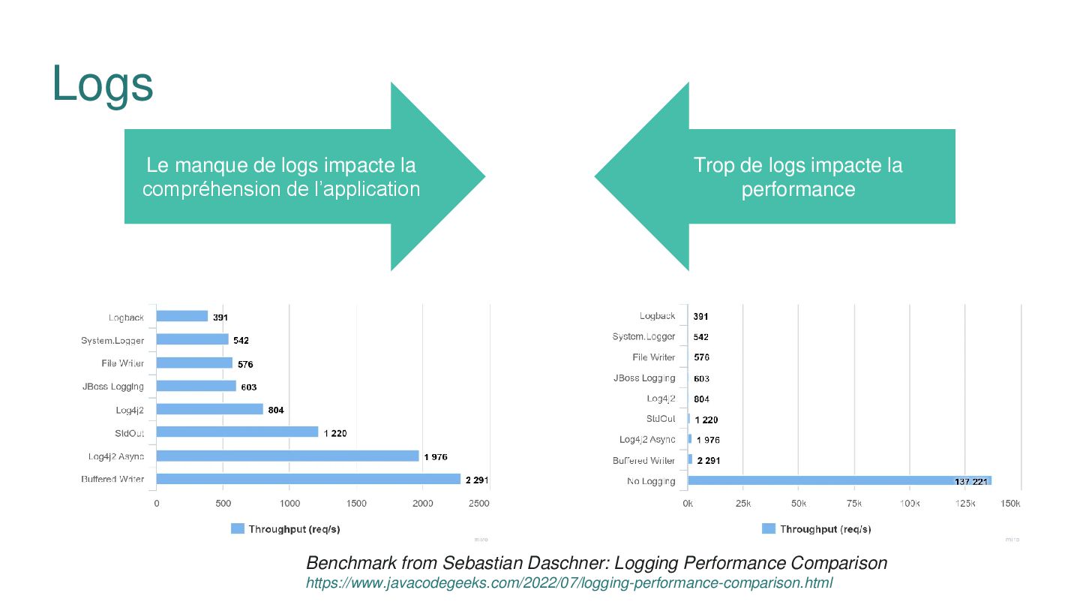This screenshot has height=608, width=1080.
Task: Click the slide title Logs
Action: pyautogui.click(x=103, y=84)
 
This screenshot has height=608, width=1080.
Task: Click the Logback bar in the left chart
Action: pyautogui.click(x=182, y=316)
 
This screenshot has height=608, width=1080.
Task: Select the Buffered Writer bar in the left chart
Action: pyautogui.click(x=308, y=479)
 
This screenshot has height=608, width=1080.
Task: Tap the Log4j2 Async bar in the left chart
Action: pyautogui.click(x=287, y=456)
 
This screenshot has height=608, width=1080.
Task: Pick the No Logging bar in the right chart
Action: pyautogui.click(x=839, y=480)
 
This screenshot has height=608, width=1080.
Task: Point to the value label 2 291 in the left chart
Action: pyautogui.click(x=477, y=480)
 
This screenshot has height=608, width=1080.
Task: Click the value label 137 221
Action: pyautogui.click(x=972, y=481)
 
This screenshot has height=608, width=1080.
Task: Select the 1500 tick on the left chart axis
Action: pyautogui.click(x=356, y=504)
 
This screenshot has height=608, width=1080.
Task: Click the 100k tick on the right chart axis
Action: pyautogui.click(x=910, y=504)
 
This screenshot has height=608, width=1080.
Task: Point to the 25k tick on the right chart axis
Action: pyautogui.click(x=743, y=504)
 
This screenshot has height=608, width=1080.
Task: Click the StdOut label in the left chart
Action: pyautogui.click(x=129, y=433)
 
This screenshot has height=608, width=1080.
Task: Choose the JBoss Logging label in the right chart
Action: pyautogui.click(x=644, y=378)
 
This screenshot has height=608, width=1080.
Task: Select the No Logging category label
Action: pyautogui.click(x=651, y=481)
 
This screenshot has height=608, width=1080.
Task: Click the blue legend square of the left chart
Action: pyautogui.click(x=238, y=529)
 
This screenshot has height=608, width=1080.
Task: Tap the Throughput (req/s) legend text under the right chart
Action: pyautogui.click(x=825, y=529)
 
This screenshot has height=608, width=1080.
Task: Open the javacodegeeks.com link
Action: pyautogui.click(x=569, y=583)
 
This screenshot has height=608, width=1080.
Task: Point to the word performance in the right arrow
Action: pyautogui.click(x=798, y=189)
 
